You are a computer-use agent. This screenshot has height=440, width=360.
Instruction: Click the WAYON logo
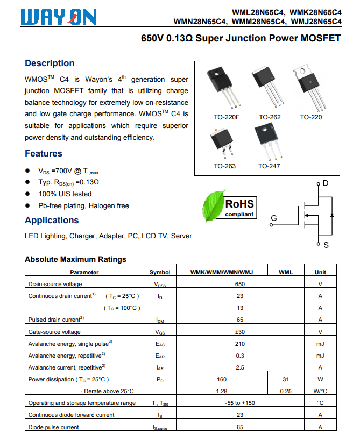(59, 17)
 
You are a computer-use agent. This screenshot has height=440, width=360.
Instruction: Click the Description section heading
(50, 63)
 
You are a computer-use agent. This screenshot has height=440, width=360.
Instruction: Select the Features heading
(44, 153)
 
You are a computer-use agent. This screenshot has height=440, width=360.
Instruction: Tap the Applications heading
(52, 220)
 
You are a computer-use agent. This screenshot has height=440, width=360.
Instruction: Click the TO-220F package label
(227, 117)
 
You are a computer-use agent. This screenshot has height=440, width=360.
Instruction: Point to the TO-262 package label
(270, 117)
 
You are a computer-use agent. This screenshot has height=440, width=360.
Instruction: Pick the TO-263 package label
(224, 166)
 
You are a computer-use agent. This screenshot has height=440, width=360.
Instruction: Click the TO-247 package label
(269, 166)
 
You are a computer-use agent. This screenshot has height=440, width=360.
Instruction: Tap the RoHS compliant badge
(239, 207)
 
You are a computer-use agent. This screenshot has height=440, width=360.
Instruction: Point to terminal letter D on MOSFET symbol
(325, 183)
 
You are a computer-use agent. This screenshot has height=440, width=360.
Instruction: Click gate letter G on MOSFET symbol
(273, 218)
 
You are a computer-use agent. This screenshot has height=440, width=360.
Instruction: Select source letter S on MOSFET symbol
(326, 246)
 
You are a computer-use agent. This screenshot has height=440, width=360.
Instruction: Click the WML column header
(286, 272)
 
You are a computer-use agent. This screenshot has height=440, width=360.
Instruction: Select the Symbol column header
(160, 272)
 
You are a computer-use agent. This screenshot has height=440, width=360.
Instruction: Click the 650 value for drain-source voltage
(240, 284)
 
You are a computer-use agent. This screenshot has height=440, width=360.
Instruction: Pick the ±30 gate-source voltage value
(240, 332)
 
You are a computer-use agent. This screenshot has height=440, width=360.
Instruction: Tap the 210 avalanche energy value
(240, 344)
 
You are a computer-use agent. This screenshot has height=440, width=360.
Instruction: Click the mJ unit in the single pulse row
(320, 344)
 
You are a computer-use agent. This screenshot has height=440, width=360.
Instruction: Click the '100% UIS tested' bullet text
(65, 194)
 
